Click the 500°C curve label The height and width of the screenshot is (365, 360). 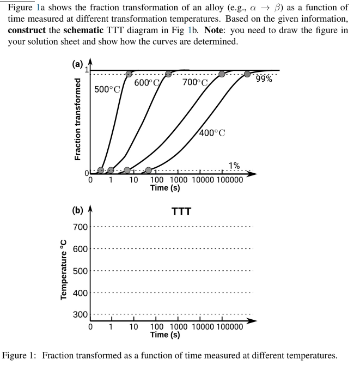click(107, 89)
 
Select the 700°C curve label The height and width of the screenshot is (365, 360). click(195, 83)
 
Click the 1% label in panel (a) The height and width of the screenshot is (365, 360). click(234, 166)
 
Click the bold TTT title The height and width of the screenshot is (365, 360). click(181, 211)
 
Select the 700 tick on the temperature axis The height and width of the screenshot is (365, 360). click(81, 227)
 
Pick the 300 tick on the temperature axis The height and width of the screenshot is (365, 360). click(81, 314)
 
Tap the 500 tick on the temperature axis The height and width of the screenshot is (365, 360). click(81, 271)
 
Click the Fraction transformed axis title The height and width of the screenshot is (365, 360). click(78, 119)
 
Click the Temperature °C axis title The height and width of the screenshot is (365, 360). click(64, 271)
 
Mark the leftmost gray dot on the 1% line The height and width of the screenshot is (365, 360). click(101, 171)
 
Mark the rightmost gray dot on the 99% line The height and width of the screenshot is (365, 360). click(247, 74)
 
